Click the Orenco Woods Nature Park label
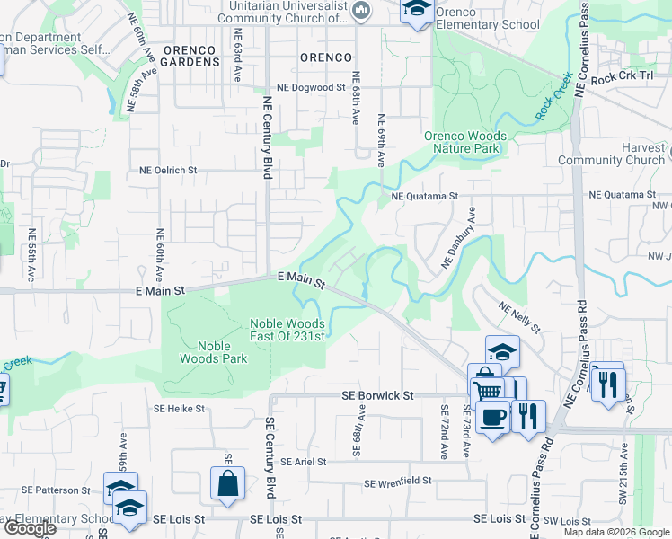(x=464, y=142)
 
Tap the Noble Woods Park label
(x=220, y=351)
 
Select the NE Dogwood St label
(x=311, y=88)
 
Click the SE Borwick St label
(x=377, y=394)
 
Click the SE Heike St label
(x=179, y=408)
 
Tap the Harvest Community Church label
(x=611, y=154)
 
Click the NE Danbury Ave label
(x=458, y=238)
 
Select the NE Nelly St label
(x=520, y=318)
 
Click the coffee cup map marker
(x=492, y=417)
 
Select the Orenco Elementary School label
(x=488, y=25)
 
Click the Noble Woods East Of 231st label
(x=287, y=329)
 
